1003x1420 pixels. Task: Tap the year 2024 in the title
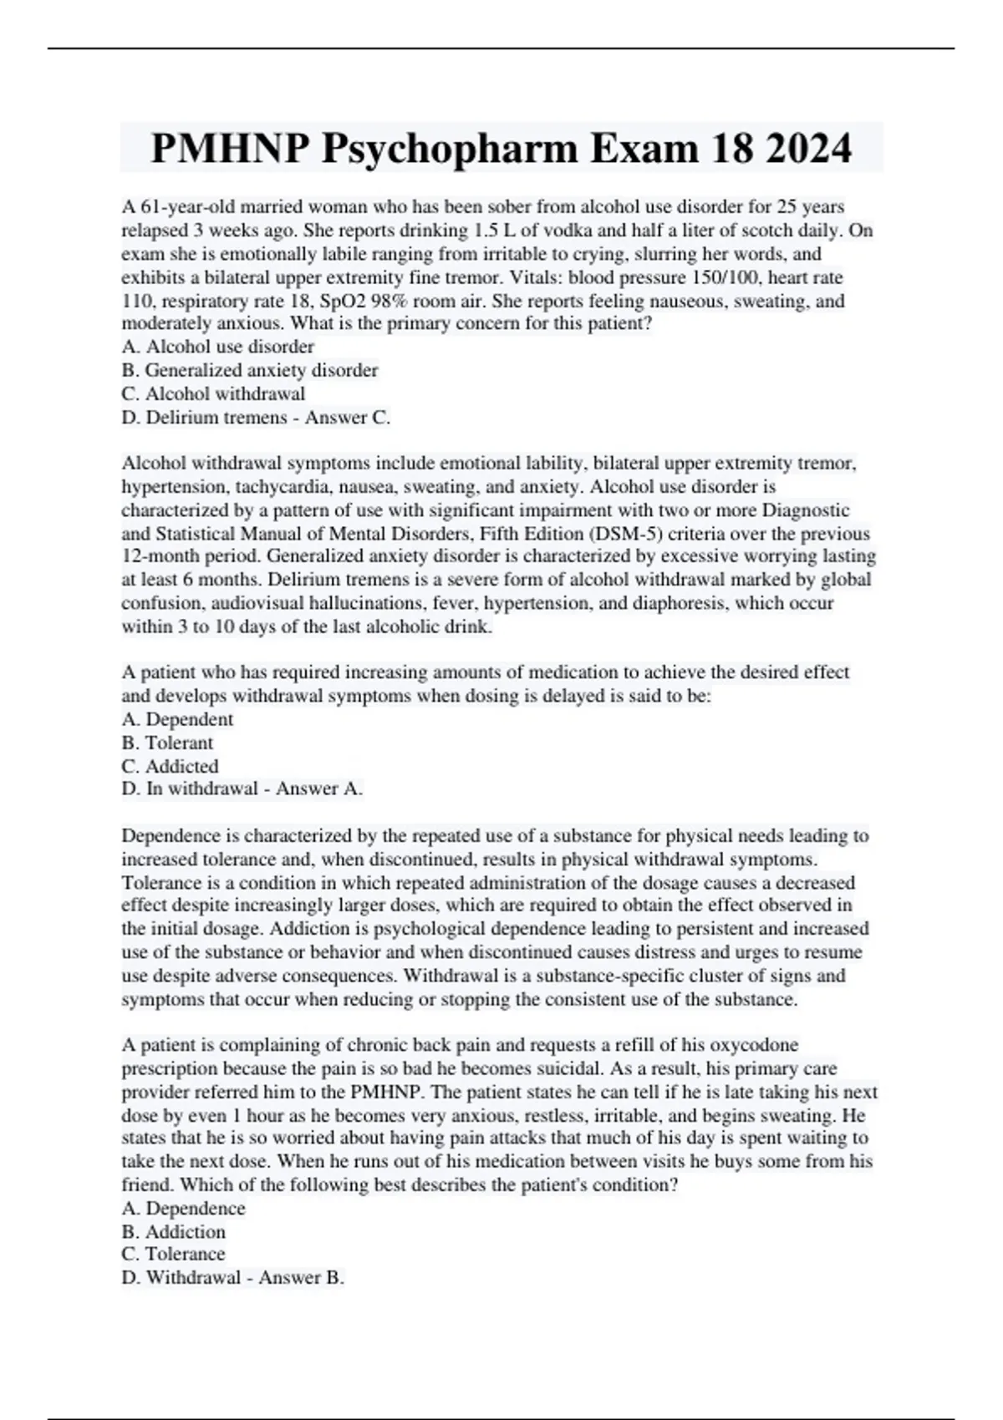(x=807, y=149)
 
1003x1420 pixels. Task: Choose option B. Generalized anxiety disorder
(x=249, y=370)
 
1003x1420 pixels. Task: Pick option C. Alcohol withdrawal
(x=213, y=393)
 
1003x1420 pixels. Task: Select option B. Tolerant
(x=167, y=743)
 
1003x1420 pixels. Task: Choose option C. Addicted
(x=170, y=766)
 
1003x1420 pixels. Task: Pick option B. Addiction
(x=173, y=1232)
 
